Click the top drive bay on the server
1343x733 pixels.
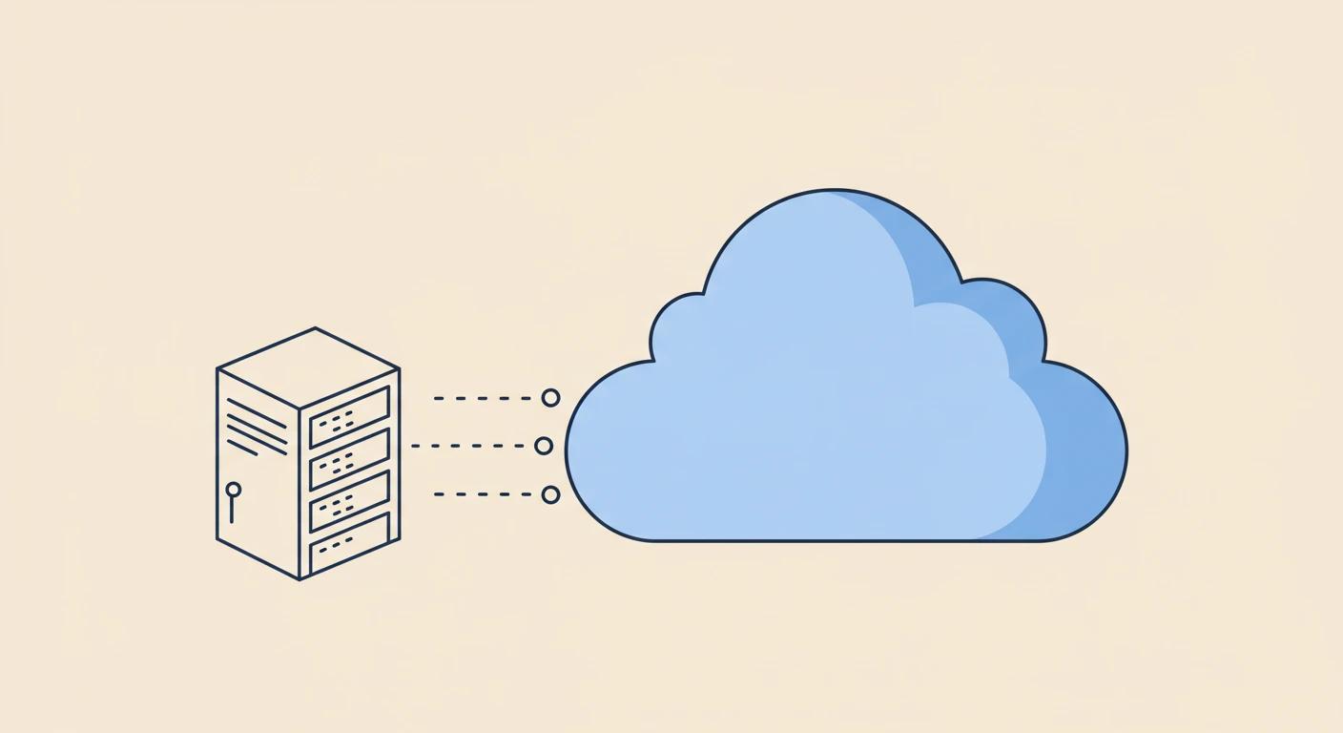[350, 417]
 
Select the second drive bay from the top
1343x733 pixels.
[350, 459]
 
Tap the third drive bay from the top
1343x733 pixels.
[350, 501]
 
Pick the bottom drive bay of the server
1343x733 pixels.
[350, 542]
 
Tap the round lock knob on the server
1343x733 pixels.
[233, 490]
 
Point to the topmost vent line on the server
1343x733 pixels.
[256, 413]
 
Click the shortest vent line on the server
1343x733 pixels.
[241, 447]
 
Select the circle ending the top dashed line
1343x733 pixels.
[550, 398]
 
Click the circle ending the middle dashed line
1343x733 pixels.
[544, 446]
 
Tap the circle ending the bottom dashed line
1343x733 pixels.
[550, 494]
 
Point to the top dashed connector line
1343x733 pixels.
[483, 398]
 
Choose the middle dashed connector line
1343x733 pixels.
[471, 446]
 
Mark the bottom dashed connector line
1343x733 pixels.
[483, 494]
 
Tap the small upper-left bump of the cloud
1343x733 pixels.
[679, 329]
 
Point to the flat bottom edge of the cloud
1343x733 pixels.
[839, 541]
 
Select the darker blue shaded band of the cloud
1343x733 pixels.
[1078, 449]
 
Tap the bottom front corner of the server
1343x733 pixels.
[300, 578]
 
